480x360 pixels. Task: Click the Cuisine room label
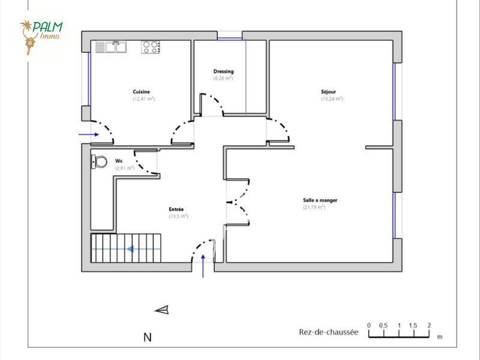[x=142, y=92]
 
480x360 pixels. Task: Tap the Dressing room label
[x=223, y=71]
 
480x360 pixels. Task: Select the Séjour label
[x=328, y=92]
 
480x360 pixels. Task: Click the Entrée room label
[x=176, y=209]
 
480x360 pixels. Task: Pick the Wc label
[x=119, y=161]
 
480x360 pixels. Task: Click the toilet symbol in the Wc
[x=99, y=161]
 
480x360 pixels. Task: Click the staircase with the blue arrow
[x=127, y=248]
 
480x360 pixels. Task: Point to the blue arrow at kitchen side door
[x=89, y=135]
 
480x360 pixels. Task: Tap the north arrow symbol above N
[x=162, y=310]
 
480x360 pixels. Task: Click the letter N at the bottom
[x=147, y=338]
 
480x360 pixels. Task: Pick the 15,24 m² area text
[x=332, y=98]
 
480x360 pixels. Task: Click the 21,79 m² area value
[x=314, y=207]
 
